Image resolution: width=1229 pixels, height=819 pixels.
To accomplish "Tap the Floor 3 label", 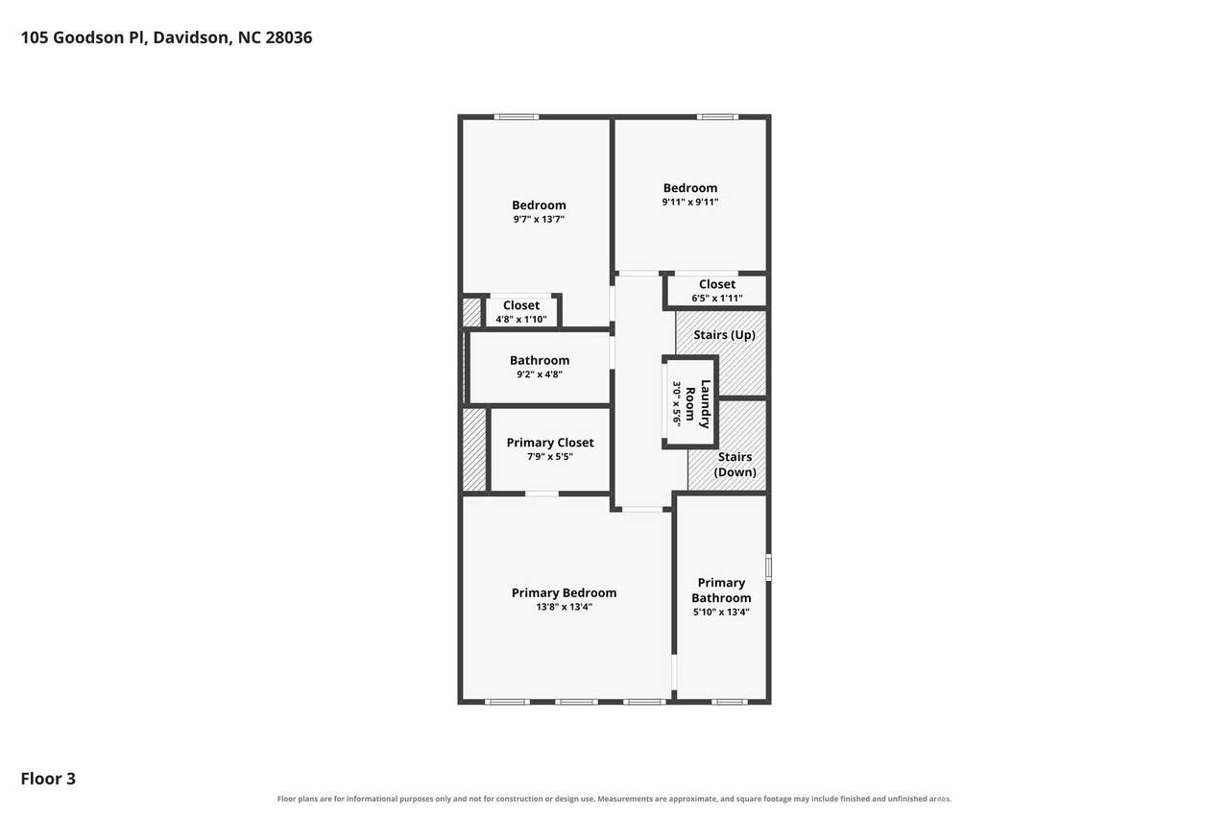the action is [x=48, y=779].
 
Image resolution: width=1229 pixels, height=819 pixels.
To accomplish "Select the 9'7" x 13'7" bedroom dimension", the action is [x=539, y=220].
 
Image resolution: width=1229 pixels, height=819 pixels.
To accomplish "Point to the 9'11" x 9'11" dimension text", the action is [x=690, y=202].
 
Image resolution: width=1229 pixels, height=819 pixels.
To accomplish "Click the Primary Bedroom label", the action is [x=564, y=592].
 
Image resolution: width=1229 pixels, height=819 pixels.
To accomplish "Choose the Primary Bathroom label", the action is [x=721, y=590].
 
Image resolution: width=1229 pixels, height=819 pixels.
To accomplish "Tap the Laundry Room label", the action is [x=698, y=404].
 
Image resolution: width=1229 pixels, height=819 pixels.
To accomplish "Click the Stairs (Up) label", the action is [x=724, y=335].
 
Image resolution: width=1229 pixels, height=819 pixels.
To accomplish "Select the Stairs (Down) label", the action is [x=735, y=464].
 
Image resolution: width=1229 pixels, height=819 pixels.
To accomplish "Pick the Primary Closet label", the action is [x=550, y=442].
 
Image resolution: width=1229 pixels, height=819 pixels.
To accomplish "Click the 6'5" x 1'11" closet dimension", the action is [x=717, y=299].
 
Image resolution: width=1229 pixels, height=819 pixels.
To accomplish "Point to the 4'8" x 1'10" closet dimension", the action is [x=521, y=320].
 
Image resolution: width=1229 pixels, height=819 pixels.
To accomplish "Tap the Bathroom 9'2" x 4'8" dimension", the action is [x=540, y=374].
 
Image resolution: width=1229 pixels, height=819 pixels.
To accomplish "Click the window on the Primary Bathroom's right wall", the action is [x=769, y=567].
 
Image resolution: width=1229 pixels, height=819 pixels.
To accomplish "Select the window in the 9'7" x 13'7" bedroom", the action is [x=517, y=117].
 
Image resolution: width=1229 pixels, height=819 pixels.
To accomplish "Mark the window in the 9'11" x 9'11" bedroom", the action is [x=717, y=117].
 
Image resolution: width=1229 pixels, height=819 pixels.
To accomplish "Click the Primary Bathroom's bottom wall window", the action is [x=729, y=702].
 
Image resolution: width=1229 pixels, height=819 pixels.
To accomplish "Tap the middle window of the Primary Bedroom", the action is [x=576, y=702].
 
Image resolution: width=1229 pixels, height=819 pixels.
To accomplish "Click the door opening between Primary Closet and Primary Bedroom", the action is [x=542, y=494].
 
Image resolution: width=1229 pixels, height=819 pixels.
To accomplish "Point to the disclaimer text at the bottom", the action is [x=614, y=799].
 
